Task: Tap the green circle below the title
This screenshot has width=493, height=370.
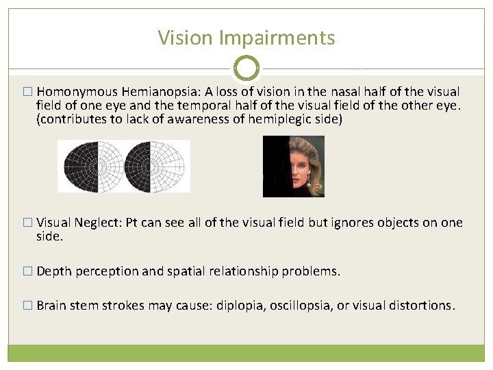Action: pyautogui.click(x=246, y=69)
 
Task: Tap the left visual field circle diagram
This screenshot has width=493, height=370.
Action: pyautogui.click(x=95, y=166)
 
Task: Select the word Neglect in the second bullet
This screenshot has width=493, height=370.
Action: pyautogui.click(x=99, y=223)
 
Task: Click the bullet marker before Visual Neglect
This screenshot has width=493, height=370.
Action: pyautogui.click(x=27, y=223)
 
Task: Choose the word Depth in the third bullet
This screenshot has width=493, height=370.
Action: pyautogui.click(x=54, y=271)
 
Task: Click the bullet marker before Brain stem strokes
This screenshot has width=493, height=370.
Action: pyautogui.click(x=27, y=306)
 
